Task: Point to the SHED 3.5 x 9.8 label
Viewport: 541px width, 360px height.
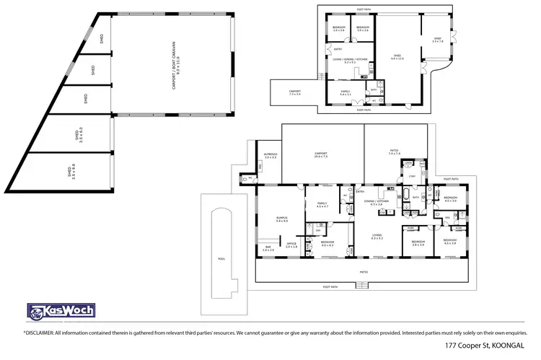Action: click(x=70, y=172)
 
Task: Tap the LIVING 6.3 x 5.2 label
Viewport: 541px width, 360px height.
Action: click(x=376, y=236)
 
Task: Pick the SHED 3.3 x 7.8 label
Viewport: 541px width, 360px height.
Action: click(x=438, y=40)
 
